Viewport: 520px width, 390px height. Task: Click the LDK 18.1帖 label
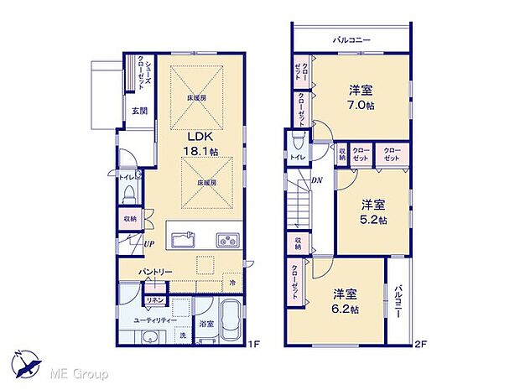click(x=202, y=143)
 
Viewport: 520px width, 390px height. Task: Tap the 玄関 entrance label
click(x=138, y=111)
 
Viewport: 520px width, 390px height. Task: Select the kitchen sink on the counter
click(x=185, y=240)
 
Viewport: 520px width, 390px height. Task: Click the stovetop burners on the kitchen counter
click(x=227, y=239)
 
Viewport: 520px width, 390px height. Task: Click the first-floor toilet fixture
click(x=128, y=195)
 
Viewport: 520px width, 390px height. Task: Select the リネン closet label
click(x=155, y=299)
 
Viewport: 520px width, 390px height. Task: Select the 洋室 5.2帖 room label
click(x=373, y=212)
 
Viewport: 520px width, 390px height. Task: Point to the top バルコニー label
click(x=351, y=39)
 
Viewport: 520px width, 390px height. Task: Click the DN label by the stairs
click(x=318, y=180)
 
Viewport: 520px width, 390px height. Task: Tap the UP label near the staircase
click(x=148, y=243)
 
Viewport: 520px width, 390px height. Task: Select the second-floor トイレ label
click(x=296, y=157)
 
